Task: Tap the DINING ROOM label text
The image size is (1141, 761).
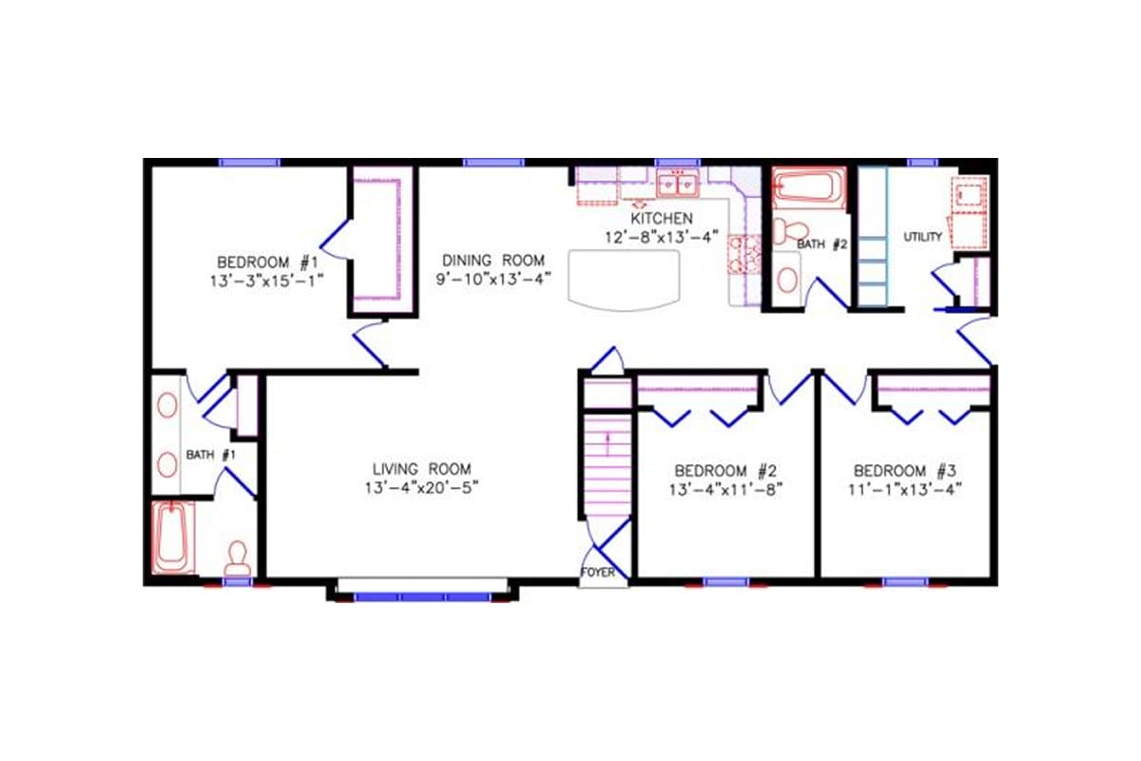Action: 493,260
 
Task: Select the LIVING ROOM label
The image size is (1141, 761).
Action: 421,468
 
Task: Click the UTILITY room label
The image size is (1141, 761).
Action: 922,236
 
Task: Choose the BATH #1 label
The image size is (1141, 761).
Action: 210,455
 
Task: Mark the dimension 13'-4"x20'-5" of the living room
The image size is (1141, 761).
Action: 422,487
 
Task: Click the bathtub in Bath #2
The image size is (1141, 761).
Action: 807,187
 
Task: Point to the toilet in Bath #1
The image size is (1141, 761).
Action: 237,556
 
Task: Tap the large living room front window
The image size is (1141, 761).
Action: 422,596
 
